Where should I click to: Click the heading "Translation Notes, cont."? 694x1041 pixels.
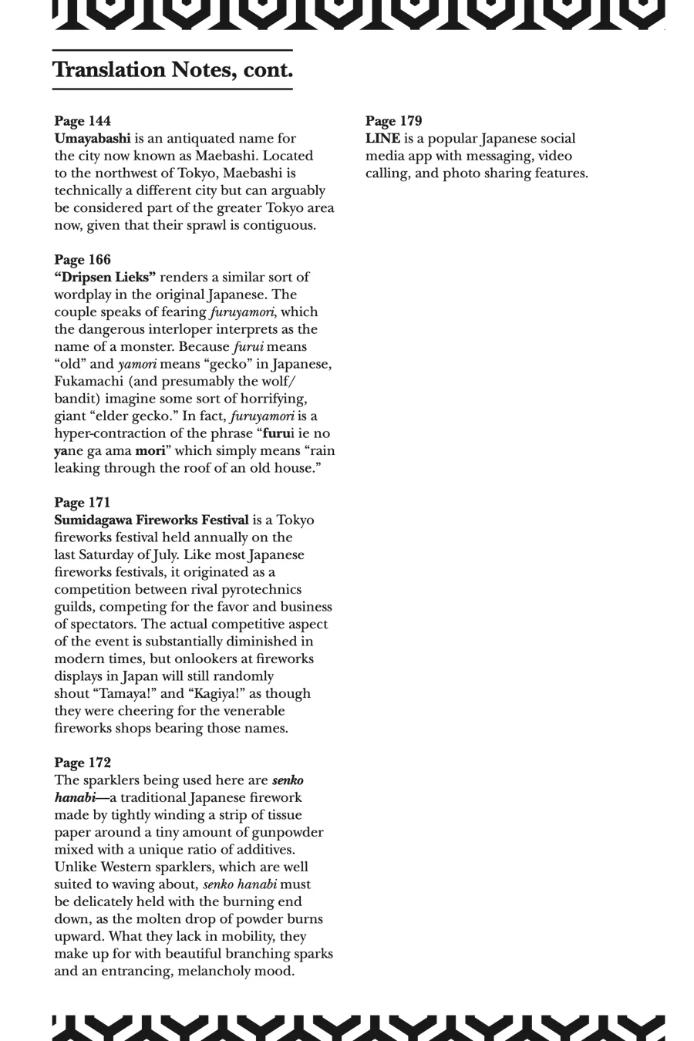pos(173,70)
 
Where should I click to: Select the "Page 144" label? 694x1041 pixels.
pos(83,121)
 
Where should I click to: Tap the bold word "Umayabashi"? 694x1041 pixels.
pos(93,139)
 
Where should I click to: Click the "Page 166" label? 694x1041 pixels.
pos(83,260)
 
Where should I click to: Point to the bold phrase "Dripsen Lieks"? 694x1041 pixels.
pos(105,277)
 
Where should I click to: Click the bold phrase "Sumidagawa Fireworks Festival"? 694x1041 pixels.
pos(151,520)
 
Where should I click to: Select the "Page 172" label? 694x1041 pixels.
pos(83,763)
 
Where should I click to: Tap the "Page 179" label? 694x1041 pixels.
pos(393,121)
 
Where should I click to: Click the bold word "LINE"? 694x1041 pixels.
pos(382,139)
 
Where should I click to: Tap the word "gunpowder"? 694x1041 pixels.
pos(289,832)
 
